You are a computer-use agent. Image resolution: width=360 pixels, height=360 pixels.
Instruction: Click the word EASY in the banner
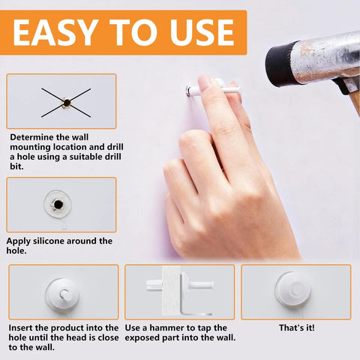pos(55,32)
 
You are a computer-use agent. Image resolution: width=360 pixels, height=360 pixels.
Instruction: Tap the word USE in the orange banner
pos(202,32)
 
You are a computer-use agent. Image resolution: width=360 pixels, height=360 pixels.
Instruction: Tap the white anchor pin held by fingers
pos(212,88)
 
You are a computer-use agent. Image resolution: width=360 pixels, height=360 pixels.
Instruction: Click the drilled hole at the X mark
pos(67,103)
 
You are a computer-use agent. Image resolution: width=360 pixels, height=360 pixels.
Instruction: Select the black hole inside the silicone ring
pos(58,205)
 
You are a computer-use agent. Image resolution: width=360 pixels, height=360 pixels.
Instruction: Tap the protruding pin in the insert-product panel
pos(64,293)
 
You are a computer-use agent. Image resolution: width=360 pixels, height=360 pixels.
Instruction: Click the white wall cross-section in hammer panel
pos(171,291)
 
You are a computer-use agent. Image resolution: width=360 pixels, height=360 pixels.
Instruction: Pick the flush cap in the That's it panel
pos(293,289)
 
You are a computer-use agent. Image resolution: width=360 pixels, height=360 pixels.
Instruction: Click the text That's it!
pos(296,328)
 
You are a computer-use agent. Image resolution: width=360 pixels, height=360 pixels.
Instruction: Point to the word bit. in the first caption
pos(16,166)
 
